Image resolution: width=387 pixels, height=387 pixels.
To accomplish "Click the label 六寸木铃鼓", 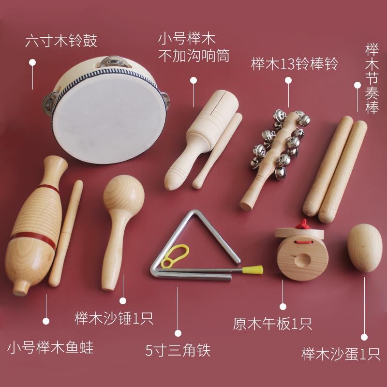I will pos(61,41).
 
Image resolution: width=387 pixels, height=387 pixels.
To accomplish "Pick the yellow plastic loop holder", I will pos(175,256).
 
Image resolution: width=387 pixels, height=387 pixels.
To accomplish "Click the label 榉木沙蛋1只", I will pos(341,354).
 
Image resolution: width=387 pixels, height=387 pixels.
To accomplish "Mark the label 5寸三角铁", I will pos(178,350).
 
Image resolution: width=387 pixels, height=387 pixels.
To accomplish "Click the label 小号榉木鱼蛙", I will pos(50,347).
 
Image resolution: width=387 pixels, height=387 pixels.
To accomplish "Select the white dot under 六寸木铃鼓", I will pos(32,62).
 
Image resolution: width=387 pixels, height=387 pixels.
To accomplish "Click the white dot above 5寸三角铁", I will pos(178,333).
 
